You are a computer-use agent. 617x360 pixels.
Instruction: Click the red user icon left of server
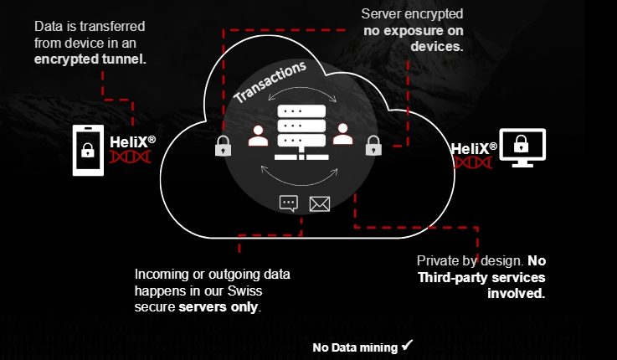pos(259,134)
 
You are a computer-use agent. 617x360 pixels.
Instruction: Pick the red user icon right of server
pos(342,134)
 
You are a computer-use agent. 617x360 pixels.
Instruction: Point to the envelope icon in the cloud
pos(320,203)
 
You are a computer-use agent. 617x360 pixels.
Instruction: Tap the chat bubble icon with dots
pos(289,203)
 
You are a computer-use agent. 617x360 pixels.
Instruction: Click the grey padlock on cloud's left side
pos(223,147)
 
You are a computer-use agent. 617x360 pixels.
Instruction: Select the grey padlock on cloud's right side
pos(373,147)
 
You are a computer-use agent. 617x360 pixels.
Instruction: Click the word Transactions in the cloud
pos(270,82)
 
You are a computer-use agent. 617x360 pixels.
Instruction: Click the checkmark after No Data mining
pos(408,344)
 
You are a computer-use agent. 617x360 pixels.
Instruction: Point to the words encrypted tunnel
pos(91,59)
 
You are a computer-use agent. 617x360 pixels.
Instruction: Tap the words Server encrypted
pos(412,14)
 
